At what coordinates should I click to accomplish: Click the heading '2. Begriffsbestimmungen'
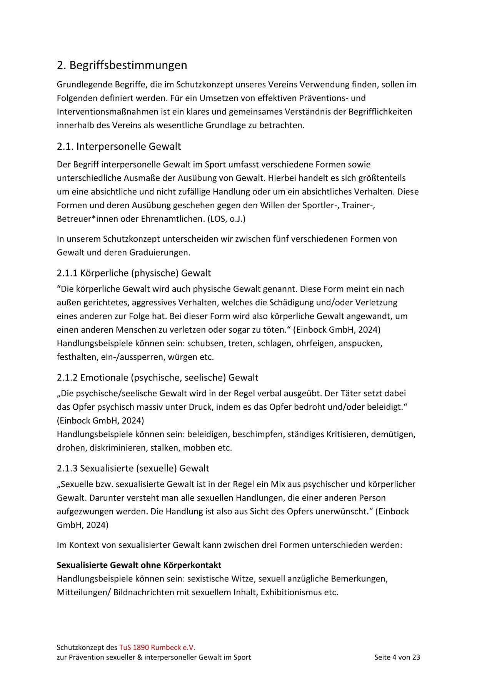coord(122,65)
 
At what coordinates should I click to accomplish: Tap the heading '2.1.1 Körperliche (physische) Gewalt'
coord(134,273)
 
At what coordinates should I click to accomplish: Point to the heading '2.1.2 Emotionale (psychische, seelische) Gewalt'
coord(157,377)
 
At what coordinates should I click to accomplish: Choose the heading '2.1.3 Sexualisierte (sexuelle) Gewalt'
coord(133,468)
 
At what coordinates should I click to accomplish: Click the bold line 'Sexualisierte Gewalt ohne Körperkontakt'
coord(139,565)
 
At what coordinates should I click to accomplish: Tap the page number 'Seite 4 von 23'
coord(397,657)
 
